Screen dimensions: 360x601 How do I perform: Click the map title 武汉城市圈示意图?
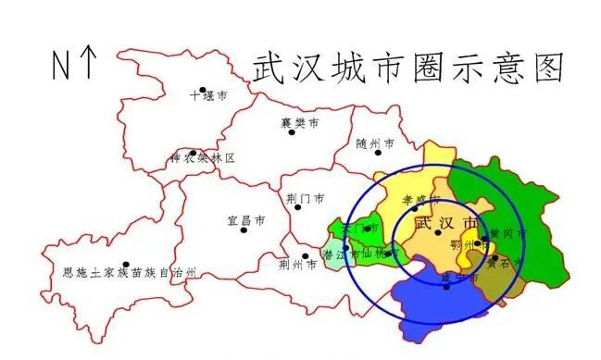coord(407,68)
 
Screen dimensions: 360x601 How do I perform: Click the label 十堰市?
coord(208,95)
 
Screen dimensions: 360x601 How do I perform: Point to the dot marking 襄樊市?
coord(292,131)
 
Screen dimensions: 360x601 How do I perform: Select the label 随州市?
coord(375,144)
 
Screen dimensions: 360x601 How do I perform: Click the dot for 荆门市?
coord(297,206)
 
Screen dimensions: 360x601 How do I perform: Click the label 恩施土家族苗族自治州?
coord(130,273)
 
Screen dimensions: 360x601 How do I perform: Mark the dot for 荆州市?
coord(305,256)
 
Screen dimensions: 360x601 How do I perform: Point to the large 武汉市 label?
coord(446,225)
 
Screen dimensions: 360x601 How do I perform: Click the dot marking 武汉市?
coord(437,232)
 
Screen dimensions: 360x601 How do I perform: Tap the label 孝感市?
coord(419,199)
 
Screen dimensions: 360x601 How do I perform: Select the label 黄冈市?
coord(507,233)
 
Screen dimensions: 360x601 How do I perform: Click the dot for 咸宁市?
coord(447,286)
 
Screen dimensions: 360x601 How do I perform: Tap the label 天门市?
coord(358,227)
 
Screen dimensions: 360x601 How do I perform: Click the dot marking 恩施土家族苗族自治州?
coord(126,264)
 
